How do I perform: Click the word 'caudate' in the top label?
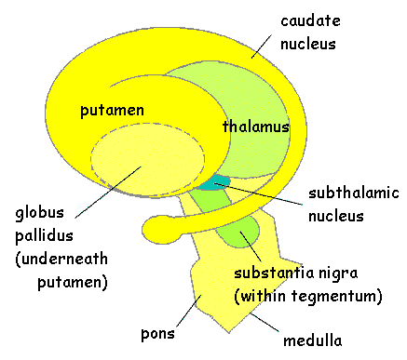310,21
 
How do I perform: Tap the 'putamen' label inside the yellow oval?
112,111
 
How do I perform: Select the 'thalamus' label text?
256,127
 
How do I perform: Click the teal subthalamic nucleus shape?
215,182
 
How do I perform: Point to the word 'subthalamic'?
354,193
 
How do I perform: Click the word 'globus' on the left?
39,213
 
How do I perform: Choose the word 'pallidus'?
44,236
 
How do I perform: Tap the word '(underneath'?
61,259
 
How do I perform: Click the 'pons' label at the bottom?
157,334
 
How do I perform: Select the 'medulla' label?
313,340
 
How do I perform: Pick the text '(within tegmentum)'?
308,296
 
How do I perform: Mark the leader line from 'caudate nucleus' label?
261,47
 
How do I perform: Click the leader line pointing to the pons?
189,311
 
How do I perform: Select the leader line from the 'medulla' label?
265,323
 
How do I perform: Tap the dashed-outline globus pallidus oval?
148,159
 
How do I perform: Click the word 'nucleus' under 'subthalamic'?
336,216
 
